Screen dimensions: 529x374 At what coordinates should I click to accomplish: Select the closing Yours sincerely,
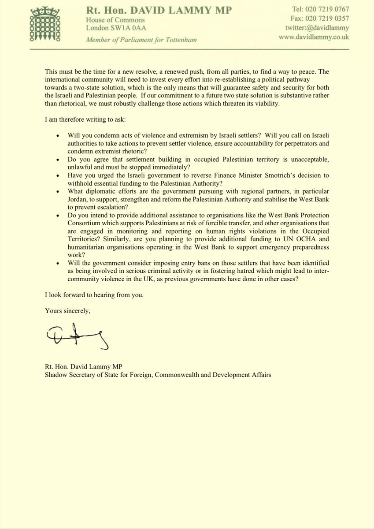(x=68, y=311)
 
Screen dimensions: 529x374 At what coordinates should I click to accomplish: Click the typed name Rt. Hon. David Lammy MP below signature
(x=82, y=367)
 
